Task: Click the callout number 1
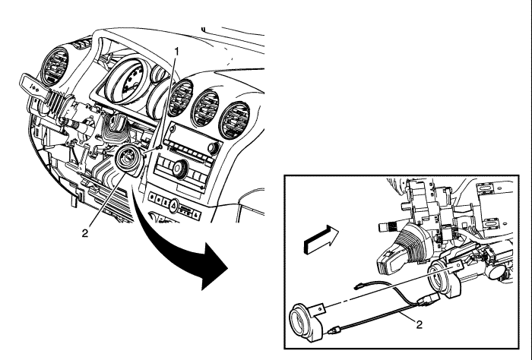pyautogui.click(x=176, y=52)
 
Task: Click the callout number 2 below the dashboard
pyautogui.click(x=85, y=233)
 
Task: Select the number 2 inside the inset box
pyautogui.click(x=420, y=325)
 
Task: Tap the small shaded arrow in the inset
pyautogui.click(x=321, y=239)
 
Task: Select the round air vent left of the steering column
pyautogui.click(x=55, y=67)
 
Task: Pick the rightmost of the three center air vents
pyautogui.click(x=234, y=120)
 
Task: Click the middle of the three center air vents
pyautogui.click(x=205, y=109)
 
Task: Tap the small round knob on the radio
pyautogui.click(x=214, y=148)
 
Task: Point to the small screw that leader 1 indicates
pyautogui.click(x=159, y=147)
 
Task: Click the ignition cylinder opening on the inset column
pyautogui.click(x=438, y=280)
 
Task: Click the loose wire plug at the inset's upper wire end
pyautogui.click(x=358, y=286)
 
